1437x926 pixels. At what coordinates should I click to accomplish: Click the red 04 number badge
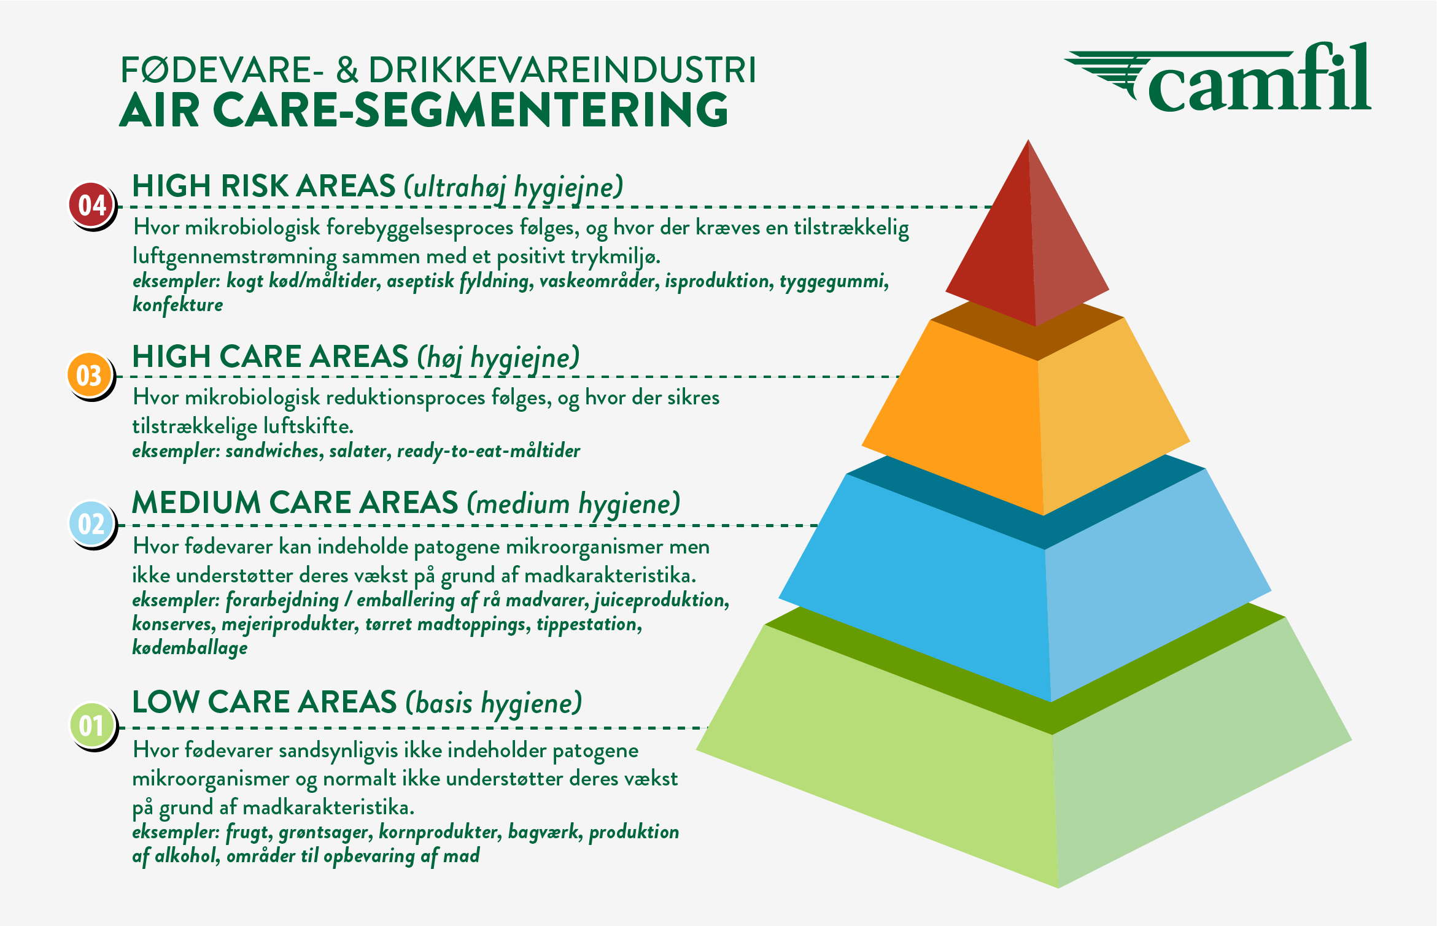(92, 205)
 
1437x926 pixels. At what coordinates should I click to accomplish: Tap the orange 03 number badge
(90, 375)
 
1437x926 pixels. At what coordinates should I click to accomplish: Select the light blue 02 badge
(91, 523)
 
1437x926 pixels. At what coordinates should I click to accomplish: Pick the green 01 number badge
(92, 725)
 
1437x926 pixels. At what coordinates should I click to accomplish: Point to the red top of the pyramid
(1028, 245)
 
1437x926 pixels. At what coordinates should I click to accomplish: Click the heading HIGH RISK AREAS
(264, 186)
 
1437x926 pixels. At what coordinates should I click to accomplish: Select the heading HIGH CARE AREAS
(270, 357)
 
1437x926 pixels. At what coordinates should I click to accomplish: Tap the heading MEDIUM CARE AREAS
(295, 503)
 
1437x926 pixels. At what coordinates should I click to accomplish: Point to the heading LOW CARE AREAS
(265, 702)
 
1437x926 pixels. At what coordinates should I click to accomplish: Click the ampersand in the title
(347, 71)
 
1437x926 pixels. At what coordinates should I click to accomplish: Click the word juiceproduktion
(662, 600)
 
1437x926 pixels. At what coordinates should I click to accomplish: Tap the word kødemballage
(190, 648)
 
